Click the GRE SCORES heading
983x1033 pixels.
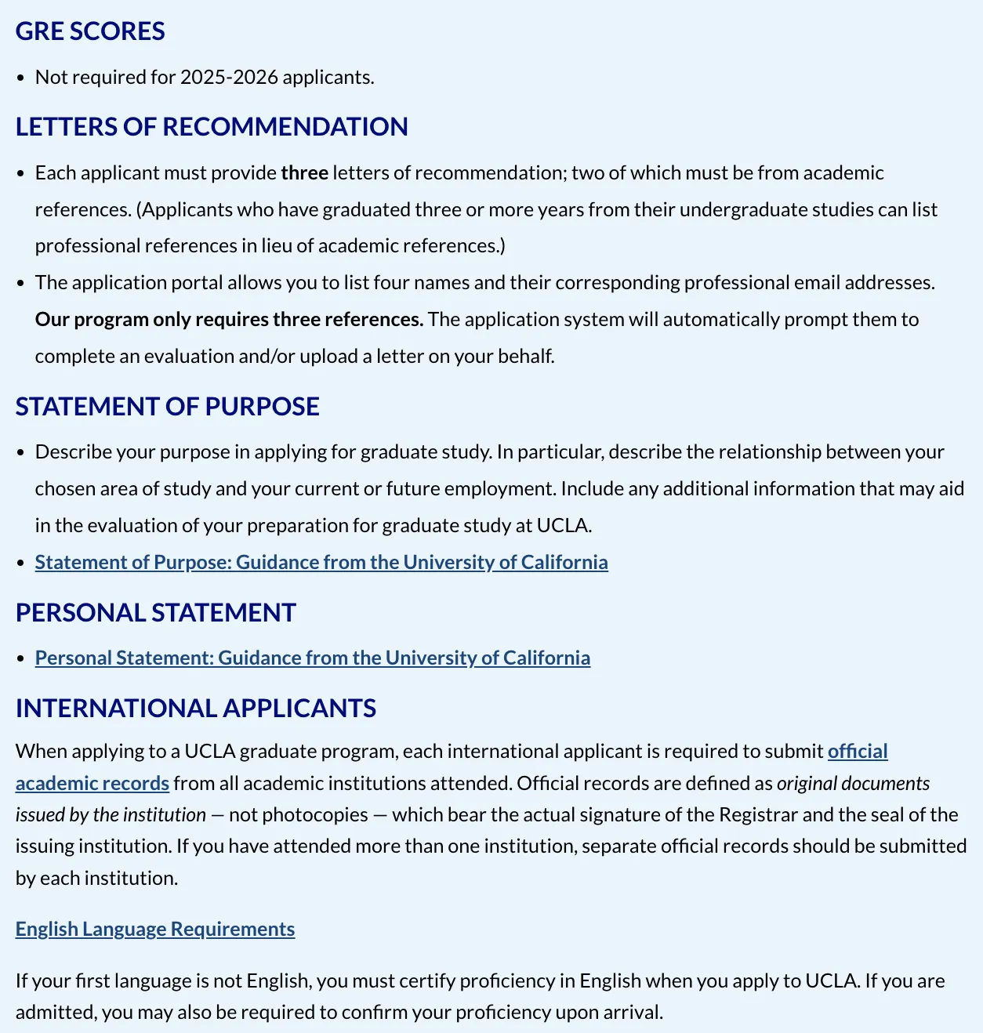(90, 31)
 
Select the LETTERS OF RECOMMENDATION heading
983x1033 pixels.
(212, 127)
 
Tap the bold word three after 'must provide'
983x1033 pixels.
(304, 173)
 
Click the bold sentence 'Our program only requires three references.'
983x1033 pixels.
(229, 320)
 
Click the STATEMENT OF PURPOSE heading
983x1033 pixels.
(168, 407)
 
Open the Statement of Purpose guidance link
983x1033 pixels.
(321, 563)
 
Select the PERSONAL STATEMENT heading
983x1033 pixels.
(156, 613)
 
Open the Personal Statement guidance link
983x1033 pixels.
(313, 658)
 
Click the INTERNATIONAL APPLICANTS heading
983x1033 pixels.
(196, 709)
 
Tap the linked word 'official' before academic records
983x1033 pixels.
(858, 752)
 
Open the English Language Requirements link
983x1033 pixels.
(155, 930)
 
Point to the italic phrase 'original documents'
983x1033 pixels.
(853, 784)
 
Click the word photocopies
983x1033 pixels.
(315, 815)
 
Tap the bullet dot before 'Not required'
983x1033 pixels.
(20, 78)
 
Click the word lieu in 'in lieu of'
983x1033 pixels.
(276, 246)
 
